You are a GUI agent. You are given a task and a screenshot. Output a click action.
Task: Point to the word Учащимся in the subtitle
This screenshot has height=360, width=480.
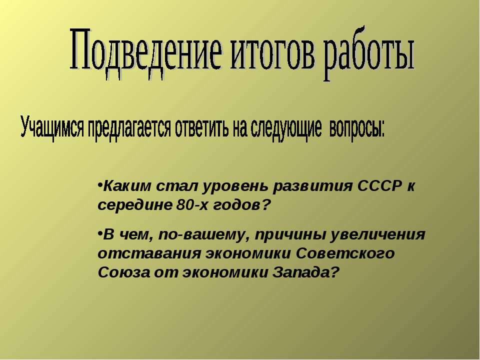(x=52, y=128)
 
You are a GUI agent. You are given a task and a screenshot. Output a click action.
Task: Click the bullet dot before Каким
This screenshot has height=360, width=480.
(x=100, y=185)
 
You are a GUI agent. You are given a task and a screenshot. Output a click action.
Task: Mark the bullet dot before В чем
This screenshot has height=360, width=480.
(x=100, y=233)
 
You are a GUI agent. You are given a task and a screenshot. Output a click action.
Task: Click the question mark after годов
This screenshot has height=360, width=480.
(x=267, y=205)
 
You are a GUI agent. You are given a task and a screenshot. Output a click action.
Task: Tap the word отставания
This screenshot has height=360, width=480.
(x=149, y=254)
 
